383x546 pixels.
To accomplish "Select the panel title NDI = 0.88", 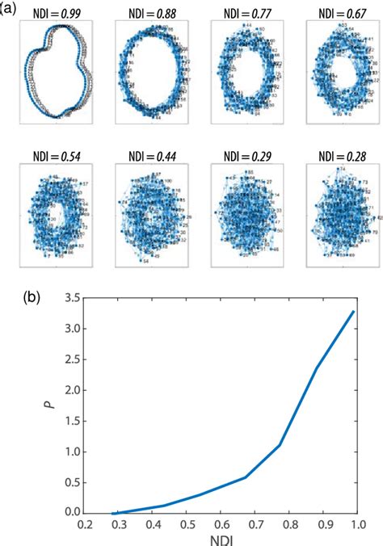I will coord(152,10).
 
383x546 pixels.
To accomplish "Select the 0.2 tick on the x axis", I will coord(84,523).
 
